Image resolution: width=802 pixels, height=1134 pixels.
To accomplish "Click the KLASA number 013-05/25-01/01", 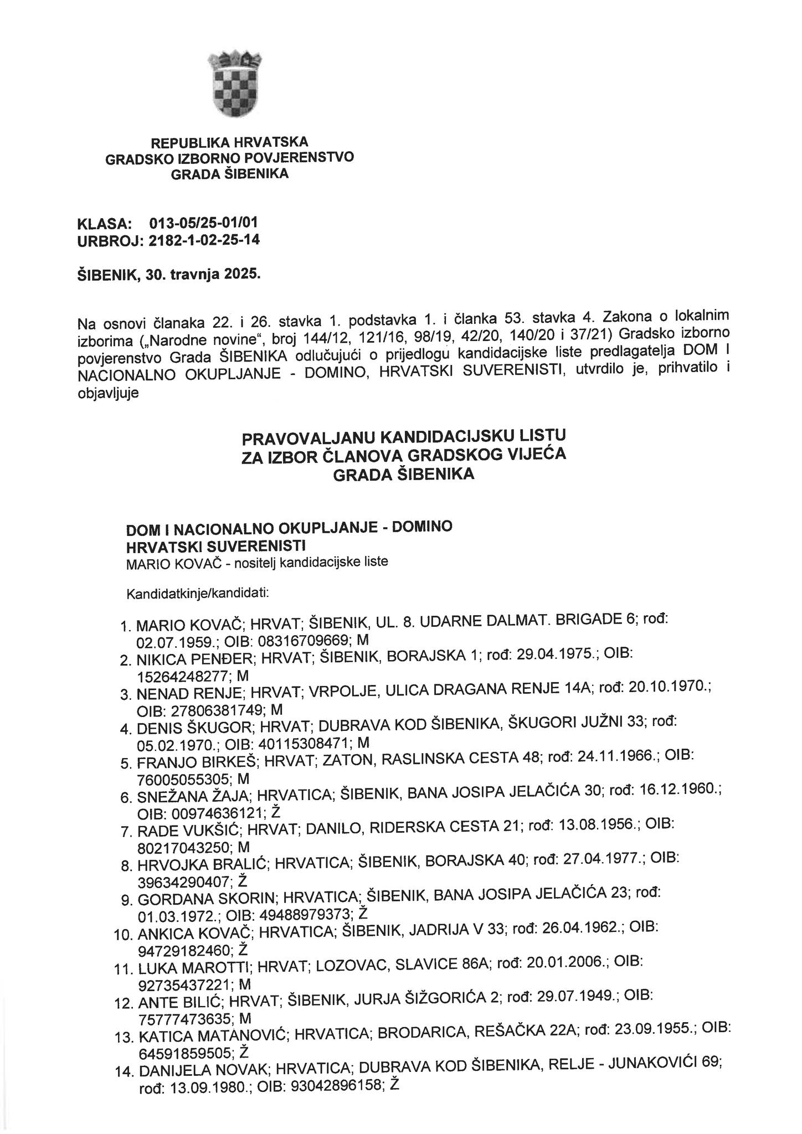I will pyautogui.click(x=203, y=223).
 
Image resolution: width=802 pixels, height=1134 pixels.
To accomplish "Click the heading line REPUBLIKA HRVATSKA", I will pyautogui.click(x=229, y=143).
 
